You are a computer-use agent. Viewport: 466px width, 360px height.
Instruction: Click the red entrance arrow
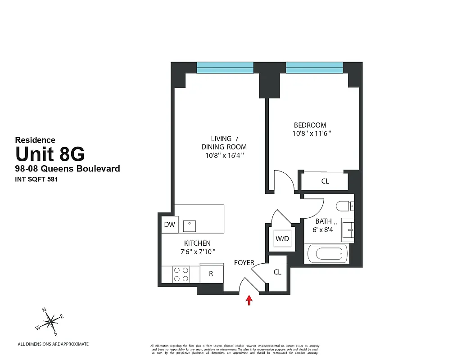(x=249, y=300)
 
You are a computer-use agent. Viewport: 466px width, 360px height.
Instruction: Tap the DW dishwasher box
(x=169, y=225)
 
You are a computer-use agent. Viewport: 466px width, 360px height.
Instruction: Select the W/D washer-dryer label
(x=282, y=238)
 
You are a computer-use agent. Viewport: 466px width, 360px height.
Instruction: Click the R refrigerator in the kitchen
(x=211, y=274)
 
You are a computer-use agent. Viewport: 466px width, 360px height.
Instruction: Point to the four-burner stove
(x=181, y=274)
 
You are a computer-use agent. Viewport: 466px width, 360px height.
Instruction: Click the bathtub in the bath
(x=328, y=253)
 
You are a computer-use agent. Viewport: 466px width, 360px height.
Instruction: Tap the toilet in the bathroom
(x=345, y=206)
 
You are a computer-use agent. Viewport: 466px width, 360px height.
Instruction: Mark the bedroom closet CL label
(x=325, y=181)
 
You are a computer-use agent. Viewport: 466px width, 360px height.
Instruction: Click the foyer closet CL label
(x=277, y=272)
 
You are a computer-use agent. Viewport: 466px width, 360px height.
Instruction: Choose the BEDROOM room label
(x=310, y=125)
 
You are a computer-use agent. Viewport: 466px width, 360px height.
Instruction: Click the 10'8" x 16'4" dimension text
(x=224, y=155)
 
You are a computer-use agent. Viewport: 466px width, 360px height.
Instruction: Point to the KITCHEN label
(x=197, y=243)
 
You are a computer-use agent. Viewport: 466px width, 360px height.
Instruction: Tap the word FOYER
(x=244, y=262)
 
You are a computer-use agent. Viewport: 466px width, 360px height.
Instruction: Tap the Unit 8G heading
(x=50, y=154)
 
